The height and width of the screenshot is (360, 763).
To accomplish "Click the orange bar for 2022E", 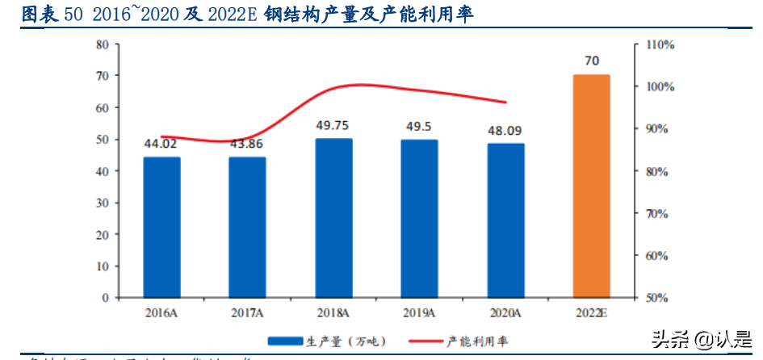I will (x=592, y=186).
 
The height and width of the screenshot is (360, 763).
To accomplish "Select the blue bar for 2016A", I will (x=161, y=227).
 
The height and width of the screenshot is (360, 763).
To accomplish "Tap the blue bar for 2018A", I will (x=333, y=218).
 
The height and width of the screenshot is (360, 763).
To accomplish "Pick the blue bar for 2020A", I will (x=505, y=220).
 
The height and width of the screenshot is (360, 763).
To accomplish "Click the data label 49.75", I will (x=333, y=125).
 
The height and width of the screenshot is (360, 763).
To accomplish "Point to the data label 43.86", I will (x=247, y=144).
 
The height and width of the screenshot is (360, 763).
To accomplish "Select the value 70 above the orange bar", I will (x=592, y=61).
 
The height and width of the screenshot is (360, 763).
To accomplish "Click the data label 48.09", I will (x=505, y=130).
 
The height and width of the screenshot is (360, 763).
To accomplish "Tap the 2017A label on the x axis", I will (x=247, y=312).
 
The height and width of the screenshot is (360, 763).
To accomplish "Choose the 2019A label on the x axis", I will (x=419, y=312).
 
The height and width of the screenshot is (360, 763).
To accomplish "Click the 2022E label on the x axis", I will (x=592, y=312).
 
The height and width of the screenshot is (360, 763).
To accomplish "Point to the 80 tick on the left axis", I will (x=103, y=44).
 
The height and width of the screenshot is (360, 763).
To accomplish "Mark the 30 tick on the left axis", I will (x=103, y=203).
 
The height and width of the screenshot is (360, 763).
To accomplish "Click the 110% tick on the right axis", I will (x=660, y=44).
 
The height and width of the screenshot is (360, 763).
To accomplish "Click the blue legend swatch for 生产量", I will (x=285, y=340).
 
